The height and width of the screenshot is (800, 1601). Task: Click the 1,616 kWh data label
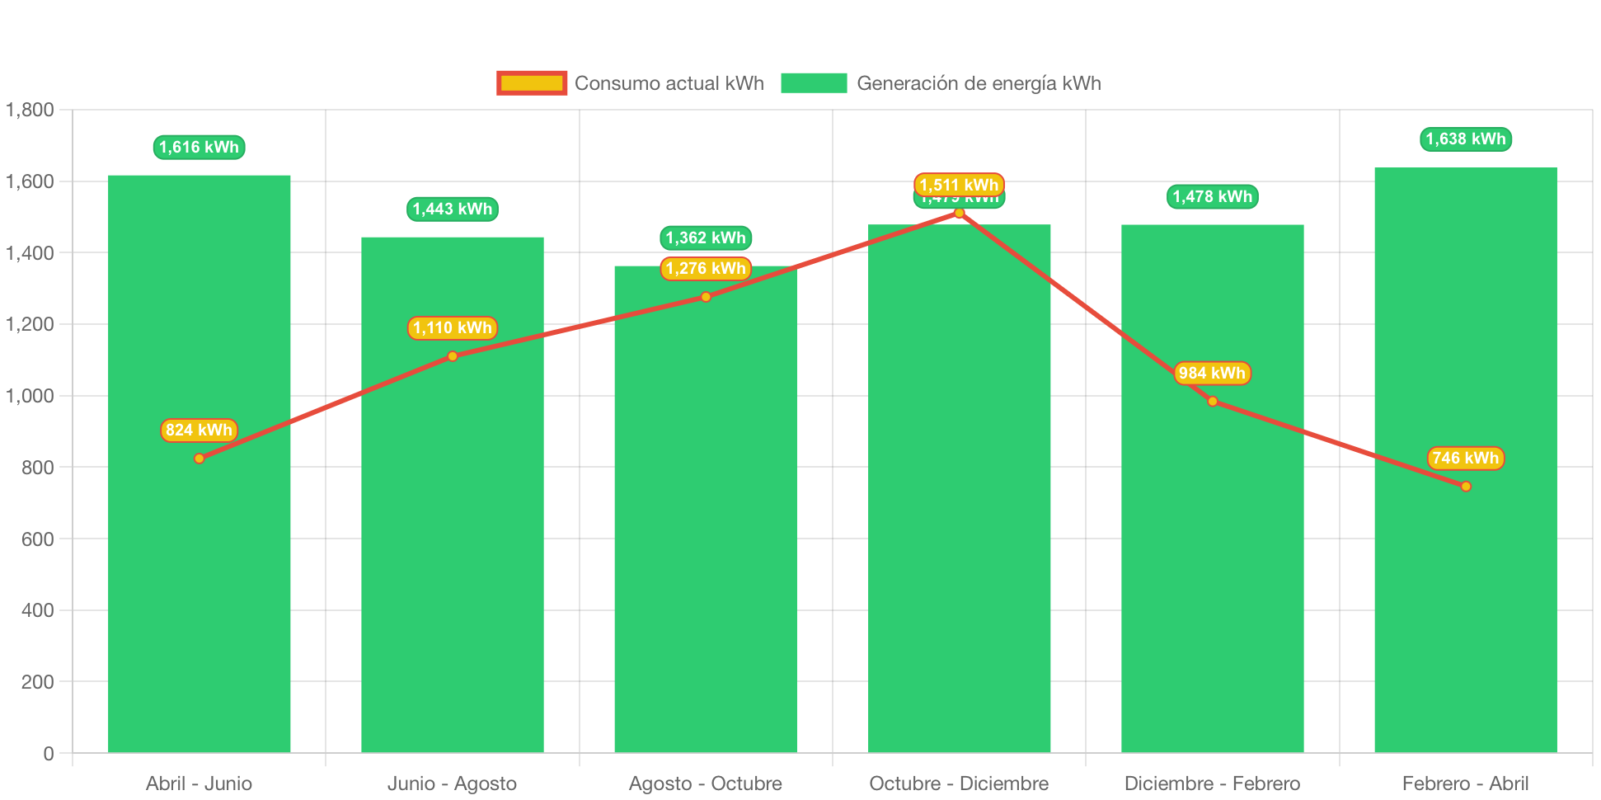click(x=199, y=148)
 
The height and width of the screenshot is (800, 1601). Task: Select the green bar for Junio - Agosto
click(x=452, y=536)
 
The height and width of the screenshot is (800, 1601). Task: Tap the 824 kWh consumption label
click(x=199, y=430)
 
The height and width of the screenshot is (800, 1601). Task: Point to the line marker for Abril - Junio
click(x=199, y=459)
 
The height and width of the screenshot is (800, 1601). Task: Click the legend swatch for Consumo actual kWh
click(x=532, y=83)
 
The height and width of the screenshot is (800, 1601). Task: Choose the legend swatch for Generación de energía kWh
click(x=813, y=83)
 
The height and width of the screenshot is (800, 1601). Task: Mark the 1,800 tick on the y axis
click(x=30, y=110)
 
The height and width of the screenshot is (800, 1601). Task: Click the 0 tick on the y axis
click(x=48, y=754)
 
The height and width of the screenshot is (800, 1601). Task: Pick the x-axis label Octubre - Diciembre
click(x=959, y=784)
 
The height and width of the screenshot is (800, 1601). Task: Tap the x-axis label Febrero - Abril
click(x=1465, y=784)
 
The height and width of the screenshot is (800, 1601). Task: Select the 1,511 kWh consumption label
click(x=959, y=185)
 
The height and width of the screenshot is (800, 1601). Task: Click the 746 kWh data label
click(x=1465, y=458)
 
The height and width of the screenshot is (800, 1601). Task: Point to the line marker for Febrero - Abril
click(x=1466, y=487)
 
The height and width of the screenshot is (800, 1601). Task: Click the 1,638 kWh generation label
click(x=1465, y=139)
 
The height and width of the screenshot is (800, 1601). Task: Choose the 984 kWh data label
click(x=1212, y=373)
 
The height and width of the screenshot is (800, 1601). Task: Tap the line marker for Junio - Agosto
click(x=453, y=356)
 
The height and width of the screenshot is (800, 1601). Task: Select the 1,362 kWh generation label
click(x=706, y=238)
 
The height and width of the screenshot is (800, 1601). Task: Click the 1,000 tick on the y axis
click(x=30, y=396)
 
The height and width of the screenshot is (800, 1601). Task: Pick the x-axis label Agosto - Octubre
click(x=706, y=784)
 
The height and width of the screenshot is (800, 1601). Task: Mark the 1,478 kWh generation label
click(x=1212, y=196)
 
